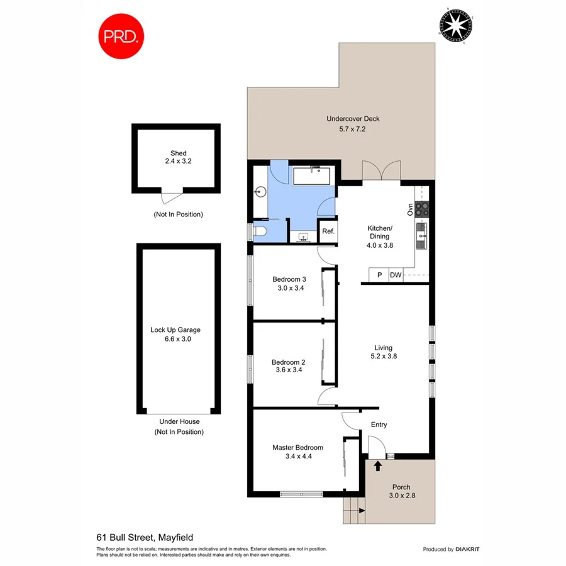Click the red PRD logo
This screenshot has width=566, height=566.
pos(121,36)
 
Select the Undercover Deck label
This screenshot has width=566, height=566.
pos(353,119)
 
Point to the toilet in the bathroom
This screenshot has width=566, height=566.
pos(260,232)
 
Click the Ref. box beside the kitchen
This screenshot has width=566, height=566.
pos(328,231)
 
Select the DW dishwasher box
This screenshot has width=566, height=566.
pos(396,275)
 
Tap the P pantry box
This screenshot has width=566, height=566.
pos(379,275)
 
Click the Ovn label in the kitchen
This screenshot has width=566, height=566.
pos(409,209)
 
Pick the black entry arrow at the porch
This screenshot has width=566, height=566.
pos(378,466)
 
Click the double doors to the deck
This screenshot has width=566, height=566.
pos(381,170)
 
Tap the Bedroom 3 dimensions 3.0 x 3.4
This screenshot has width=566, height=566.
pos(289,289)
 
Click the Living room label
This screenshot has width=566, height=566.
pos(383,348)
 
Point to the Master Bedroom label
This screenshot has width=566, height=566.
pos(297,448)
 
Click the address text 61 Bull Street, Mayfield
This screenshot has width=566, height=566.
pos(145,537)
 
